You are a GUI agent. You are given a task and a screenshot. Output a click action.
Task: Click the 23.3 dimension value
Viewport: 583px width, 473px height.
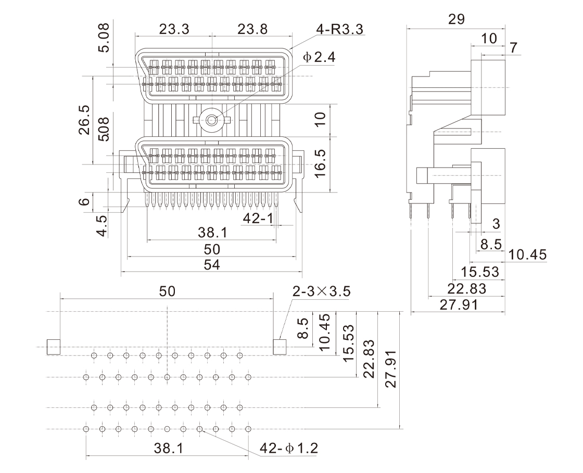point(174,29)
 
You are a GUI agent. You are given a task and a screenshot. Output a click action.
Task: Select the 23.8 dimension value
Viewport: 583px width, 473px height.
point(252,29)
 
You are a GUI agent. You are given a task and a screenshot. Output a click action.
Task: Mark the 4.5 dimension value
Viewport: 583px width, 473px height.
point(103,226)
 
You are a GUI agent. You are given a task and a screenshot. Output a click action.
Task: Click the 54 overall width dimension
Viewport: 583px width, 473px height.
point(211,265)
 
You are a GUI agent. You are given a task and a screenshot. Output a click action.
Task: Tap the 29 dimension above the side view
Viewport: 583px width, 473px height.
point(456,19)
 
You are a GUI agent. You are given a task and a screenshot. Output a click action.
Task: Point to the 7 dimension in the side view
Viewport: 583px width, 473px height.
point(514,48)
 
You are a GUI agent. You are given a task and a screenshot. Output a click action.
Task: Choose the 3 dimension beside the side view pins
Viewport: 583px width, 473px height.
point(496,224)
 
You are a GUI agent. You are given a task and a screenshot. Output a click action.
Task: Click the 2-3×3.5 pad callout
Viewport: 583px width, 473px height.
point(321,292)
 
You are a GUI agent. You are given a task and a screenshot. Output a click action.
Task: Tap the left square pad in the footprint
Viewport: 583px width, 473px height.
point(54,347)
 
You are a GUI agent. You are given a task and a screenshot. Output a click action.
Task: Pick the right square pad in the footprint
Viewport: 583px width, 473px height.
point(280,347)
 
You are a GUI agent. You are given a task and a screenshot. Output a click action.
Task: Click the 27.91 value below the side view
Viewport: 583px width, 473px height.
point(458,304)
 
